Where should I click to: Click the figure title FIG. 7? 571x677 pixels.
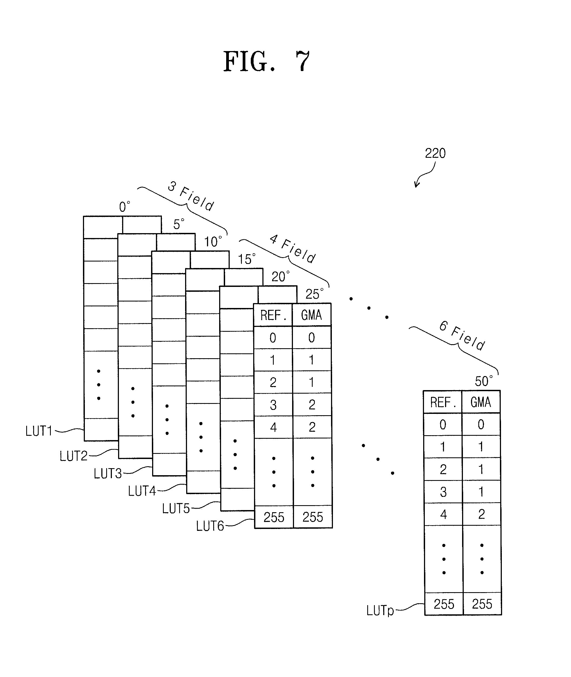coord(266,62)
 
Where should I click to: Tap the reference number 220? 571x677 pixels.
coord(435,153)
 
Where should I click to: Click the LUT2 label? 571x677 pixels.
coord(74,456)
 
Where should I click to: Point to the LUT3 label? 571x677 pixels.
coord(108,474)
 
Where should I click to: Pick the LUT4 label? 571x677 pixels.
coord(142,491)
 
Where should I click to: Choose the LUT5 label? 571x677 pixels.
coord(176,509)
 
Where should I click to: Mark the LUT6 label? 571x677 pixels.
coord(210,526)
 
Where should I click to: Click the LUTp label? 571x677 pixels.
coord(380,611)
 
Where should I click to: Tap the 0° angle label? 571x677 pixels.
coord(125,207)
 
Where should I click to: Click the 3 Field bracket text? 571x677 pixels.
coord(191,196)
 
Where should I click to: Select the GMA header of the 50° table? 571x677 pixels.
coord(481,402)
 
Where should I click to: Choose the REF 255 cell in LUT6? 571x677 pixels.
coord(273,517)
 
